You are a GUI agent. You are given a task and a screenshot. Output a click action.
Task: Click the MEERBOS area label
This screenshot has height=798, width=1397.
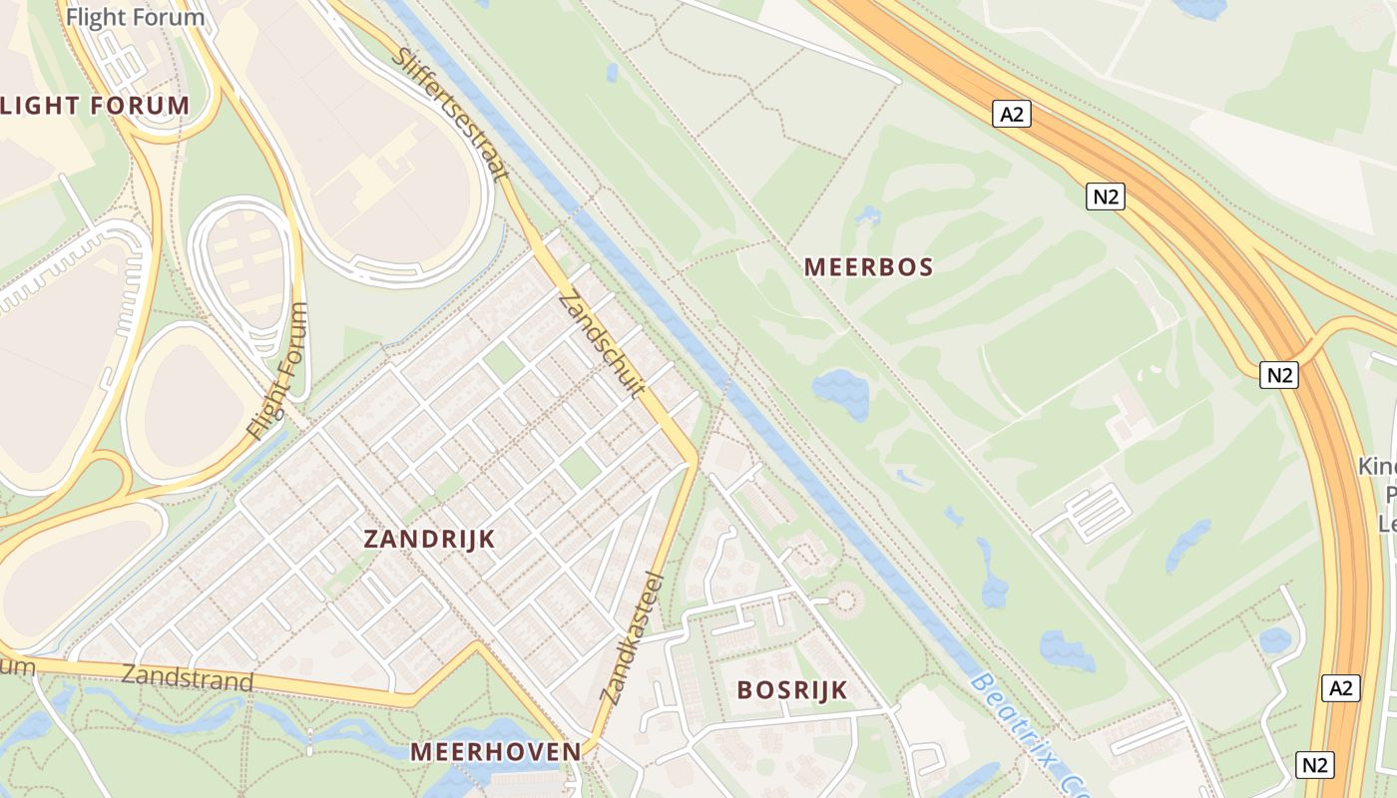coord(868,267)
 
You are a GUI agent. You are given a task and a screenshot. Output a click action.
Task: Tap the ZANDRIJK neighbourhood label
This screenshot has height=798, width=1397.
coord(429,540)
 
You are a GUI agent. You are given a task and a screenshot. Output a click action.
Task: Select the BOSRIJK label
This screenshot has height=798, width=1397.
coord(792,689)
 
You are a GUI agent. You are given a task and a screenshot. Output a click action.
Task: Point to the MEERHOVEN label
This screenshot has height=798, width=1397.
coord(496,751)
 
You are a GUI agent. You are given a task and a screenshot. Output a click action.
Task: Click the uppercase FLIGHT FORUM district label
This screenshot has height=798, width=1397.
coord(95,106)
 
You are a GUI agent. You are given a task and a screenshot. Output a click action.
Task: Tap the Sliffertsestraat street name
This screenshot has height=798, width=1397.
coord(452,114)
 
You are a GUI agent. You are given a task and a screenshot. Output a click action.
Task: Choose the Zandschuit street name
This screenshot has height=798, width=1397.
coord(600,343)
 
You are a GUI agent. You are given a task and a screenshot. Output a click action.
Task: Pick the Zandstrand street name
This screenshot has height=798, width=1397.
coord(187,678)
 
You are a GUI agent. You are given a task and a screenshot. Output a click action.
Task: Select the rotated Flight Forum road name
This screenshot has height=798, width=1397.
coord(278,372)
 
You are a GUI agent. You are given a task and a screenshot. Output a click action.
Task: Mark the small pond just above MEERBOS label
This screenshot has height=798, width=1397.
coord(866,214)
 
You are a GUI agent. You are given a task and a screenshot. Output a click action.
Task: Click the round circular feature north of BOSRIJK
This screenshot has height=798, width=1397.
coord(847,599)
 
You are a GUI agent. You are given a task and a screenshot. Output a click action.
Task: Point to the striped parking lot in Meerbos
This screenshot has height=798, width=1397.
coord(1098,512)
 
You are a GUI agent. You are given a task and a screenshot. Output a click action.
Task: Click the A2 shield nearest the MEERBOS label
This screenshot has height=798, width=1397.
coord(1012,114)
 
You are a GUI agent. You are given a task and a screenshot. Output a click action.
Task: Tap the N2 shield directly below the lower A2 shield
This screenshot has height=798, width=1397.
coord(1315,765)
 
